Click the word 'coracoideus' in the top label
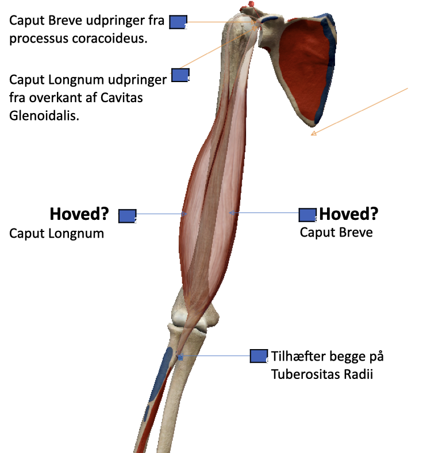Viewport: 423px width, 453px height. pyautogui.click(x=104, y=39)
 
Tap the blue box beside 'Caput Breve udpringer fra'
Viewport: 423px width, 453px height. pyautogui.click(x=178, y=22)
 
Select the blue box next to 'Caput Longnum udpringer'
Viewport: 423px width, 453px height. pyautogui.click(x=180, y=75)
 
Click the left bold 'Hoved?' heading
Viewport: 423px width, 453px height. pyautogui.click(x=79, y=214)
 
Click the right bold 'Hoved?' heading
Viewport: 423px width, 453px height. pyautogui.click(x=349, y=214)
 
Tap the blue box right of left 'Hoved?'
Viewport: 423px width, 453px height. pyautogui.click(x=127, y=216)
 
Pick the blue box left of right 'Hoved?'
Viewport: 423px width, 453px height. pyautogui.click(x=307, y=215)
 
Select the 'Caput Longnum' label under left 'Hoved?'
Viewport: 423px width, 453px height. pyautogui.click(x=56, y=234)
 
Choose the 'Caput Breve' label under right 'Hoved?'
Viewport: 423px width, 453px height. pyautogui.click(x=336, y=233)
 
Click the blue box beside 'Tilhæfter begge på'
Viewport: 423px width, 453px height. pyautogui.click(x=259, y=356)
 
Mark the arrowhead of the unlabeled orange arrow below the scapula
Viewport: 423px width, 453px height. pyautogui.click(x=314, y=133)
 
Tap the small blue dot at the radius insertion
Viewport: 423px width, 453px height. pyautogui.click(x=180, y=357)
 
